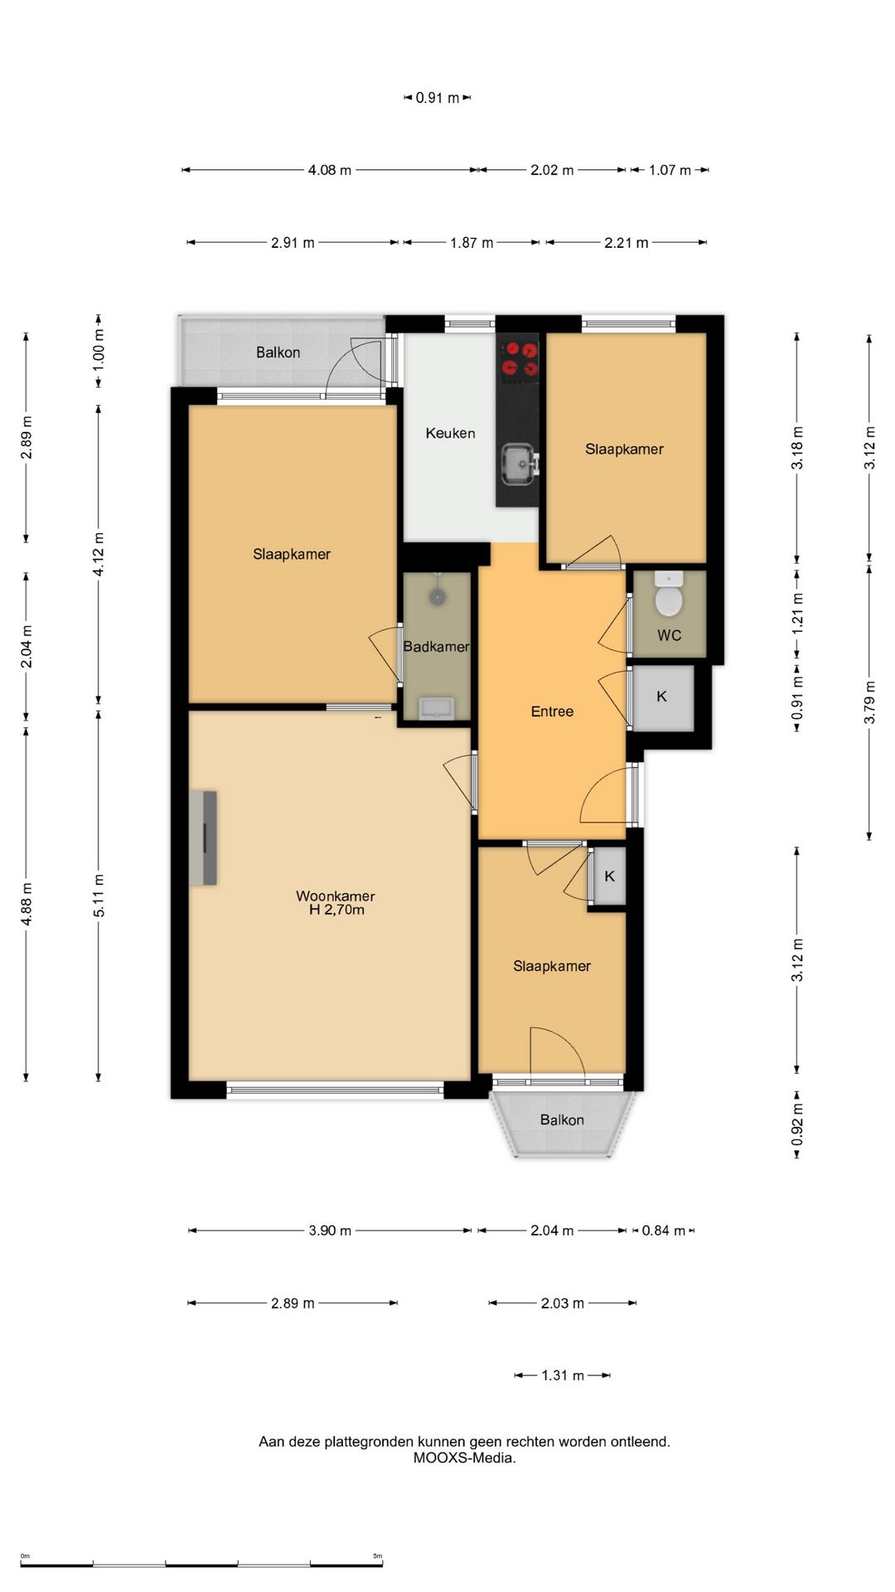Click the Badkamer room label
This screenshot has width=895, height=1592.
(436, 647)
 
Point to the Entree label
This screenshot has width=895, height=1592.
(552, 711)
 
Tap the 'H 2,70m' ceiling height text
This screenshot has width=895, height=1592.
(336, 910)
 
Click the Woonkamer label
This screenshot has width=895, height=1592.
(336, 895)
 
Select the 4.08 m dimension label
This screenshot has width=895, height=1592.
(330, 170)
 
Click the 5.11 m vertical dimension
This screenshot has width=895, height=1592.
(99, 895)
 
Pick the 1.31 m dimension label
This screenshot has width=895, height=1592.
(563, 1376)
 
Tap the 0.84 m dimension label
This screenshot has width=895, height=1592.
(664, 1230)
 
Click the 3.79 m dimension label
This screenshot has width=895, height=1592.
(869, 702)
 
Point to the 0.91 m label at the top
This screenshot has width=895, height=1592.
(438, 98)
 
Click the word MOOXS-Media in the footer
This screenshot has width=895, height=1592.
(464, 1458)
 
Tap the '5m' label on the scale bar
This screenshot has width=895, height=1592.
(378, 1556)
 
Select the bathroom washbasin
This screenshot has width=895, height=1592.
(436, 707)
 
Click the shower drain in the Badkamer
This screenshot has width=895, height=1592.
(437, 595)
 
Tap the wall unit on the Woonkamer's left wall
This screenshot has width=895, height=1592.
(203, 837)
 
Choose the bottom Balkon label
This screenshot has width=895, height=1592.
(562, 1120)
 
